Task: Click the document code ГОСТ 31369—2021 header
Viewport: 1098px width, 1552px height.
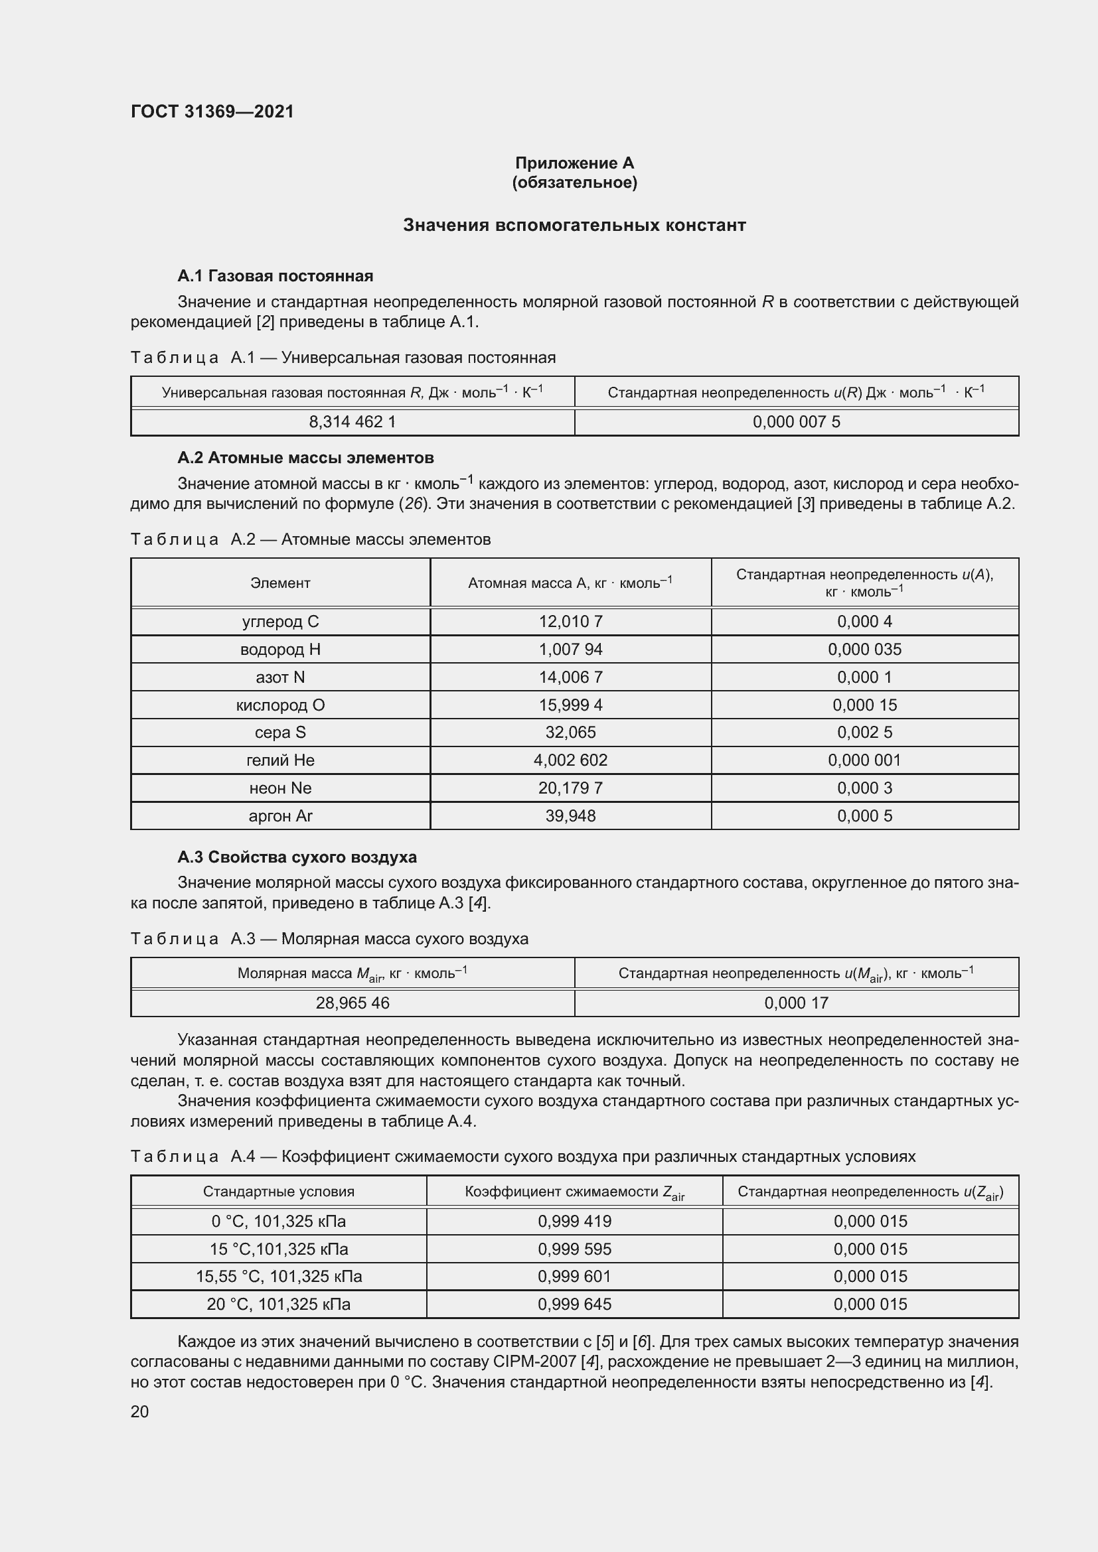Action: pos(212,111)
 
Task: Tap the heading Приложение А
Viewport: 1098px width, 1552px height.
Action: pos(574,163)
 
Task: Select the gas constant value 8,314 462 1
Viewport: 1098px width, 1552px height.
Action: pos(353,422)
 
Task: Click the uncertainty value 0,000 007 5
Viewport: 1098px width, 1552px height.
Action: pos(796,422)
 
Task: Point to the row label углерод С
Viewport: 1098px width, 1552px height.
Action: pos(280,621)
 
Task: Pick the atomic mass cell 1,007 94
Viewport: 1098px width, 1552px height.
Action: pos(570,649)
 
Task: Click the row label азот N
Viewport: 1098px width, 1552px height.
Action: pos(280,677)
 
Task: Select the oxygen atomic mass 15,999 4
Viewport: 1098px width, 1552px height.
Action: pos(570,705)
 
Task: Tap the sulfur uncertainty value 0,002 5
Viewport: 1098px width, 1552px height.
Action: pos(864,732)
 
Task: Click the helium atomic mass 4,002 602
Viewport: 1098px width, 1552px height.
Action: pos(570,760)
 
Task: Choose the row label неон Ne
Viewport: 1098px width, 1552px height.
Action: pos(280,788)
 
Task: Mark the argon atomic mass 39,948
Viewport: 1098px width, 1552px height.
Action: pos(570,816)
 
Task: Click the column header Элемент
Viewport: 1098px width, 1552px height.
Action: pos(280,583)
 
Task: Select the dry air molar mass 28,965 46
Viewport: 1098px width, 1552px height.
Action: pos(353,1003)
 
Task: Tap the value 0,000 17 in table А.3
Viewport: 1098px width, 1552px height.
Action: pos(796,1003)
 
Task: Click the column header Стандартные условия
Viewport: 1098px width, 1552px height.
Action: pos(279,1192)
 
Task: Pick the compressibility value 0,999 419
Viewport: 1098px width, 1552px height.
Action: pos(574,1221)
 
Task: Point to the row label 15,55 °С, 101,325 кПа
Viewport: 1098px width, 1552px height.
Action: pos(279,1276)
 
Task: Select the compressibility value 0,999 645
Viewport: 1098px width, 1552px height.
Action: pos(574,1304)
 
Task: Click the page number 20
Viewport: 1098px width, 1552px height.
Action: pos(140,1411)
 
